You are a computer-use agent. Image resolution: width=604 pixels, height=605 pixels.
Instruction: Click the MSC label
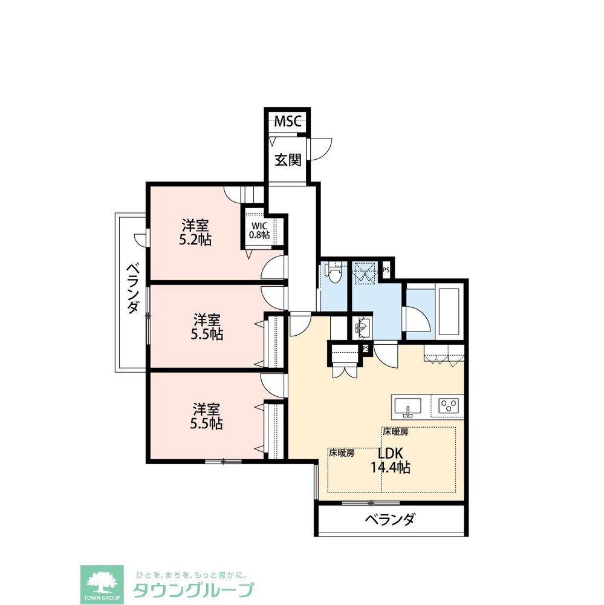point(287,121)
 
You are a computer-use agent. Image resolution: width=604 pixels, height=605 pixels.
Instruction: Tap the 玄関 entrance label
point(287,160)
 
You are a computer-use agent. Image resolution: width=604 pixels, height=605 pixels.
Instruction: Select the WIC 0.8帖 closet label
point(260,230)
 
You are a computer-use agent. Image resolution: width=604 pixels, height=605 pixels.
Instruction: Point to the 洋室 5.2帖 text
point(195,232)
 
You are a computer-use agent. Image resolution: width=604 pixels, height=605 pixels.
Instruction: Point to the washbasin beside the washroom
point(361,328)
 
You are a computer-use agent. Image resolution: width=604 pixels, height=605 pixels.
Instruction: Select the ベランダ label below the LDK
point(390,520)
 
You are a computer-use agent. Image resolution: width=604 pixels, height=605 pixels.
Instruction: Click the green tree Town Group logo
point(102,584)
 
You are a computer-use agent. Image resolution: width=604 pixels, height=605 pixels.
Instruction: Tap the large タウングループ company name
point(193,590)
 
